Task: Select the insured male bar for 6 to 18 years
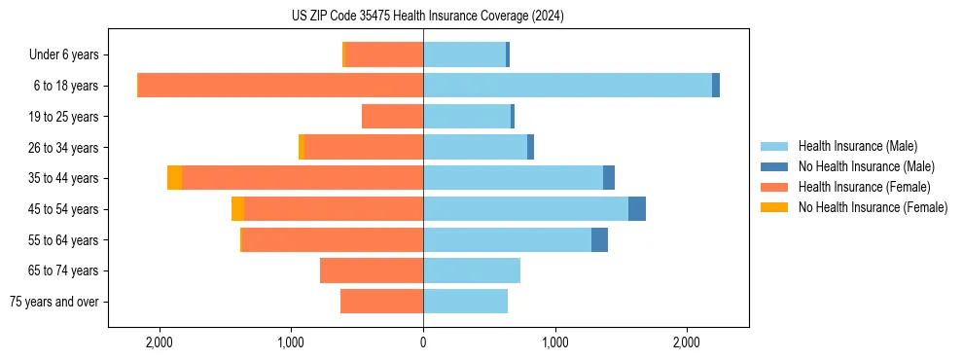pos(567,86)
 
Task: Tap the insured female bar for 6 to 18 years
pos(280,86)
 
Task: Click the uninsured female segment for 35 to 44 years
pos(174,178)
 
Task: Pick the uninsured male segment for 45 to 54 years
pos(637,209)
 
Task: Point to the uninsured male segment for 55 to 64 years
pos(599,239)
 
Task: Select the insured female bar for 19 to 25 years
pos(392,117)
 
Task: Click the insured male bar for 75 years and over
pos(465,302)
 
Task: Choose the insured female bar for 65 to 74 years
pos(372,270)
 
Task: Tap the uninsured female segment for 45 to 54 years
pos(237,209)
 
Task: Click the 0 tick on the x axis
pos(423,342)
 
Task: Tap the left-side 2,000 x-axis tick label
pos(159,342)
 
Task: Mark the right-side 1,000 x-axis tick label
pos(554,342)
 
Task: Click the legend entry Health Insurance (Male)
pos(857,146)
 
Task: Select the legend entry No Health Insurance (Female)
pos(873,207)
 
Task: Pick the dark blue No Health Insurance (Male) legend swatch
pos(774,166)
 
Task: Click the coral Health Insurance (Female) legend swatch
pos(774,187)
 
